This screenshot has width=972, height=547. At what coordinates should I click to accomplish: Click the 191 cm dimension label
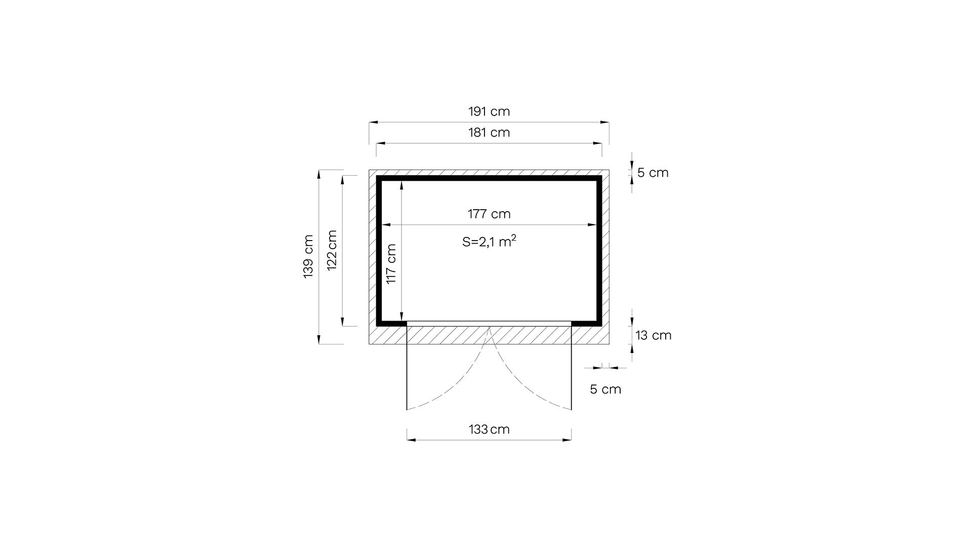click(489, 111)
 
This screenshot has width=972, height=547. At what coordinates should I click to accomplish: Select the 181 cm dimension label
click(489, 133)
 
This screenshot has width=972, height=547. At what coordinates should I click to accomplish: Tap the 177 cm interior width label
click(489, 214)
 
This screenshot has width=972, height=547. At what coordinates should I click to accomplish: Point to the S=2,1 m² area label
click(489, 241)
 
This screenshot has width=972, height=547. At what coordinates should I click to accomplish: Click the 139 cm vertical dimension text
click(308, 256)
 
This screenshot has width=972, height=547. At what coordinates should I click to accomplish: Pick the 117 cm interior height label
click(391, 264)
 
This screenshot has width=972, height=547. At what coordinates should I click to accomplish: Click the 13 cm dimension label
click(653, 335)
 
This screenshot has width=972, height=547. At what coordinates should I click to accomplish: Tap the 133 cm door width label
click(489, 429)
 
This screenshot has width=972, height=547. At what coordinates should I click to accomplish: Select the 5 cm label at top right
click(653, 173)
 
